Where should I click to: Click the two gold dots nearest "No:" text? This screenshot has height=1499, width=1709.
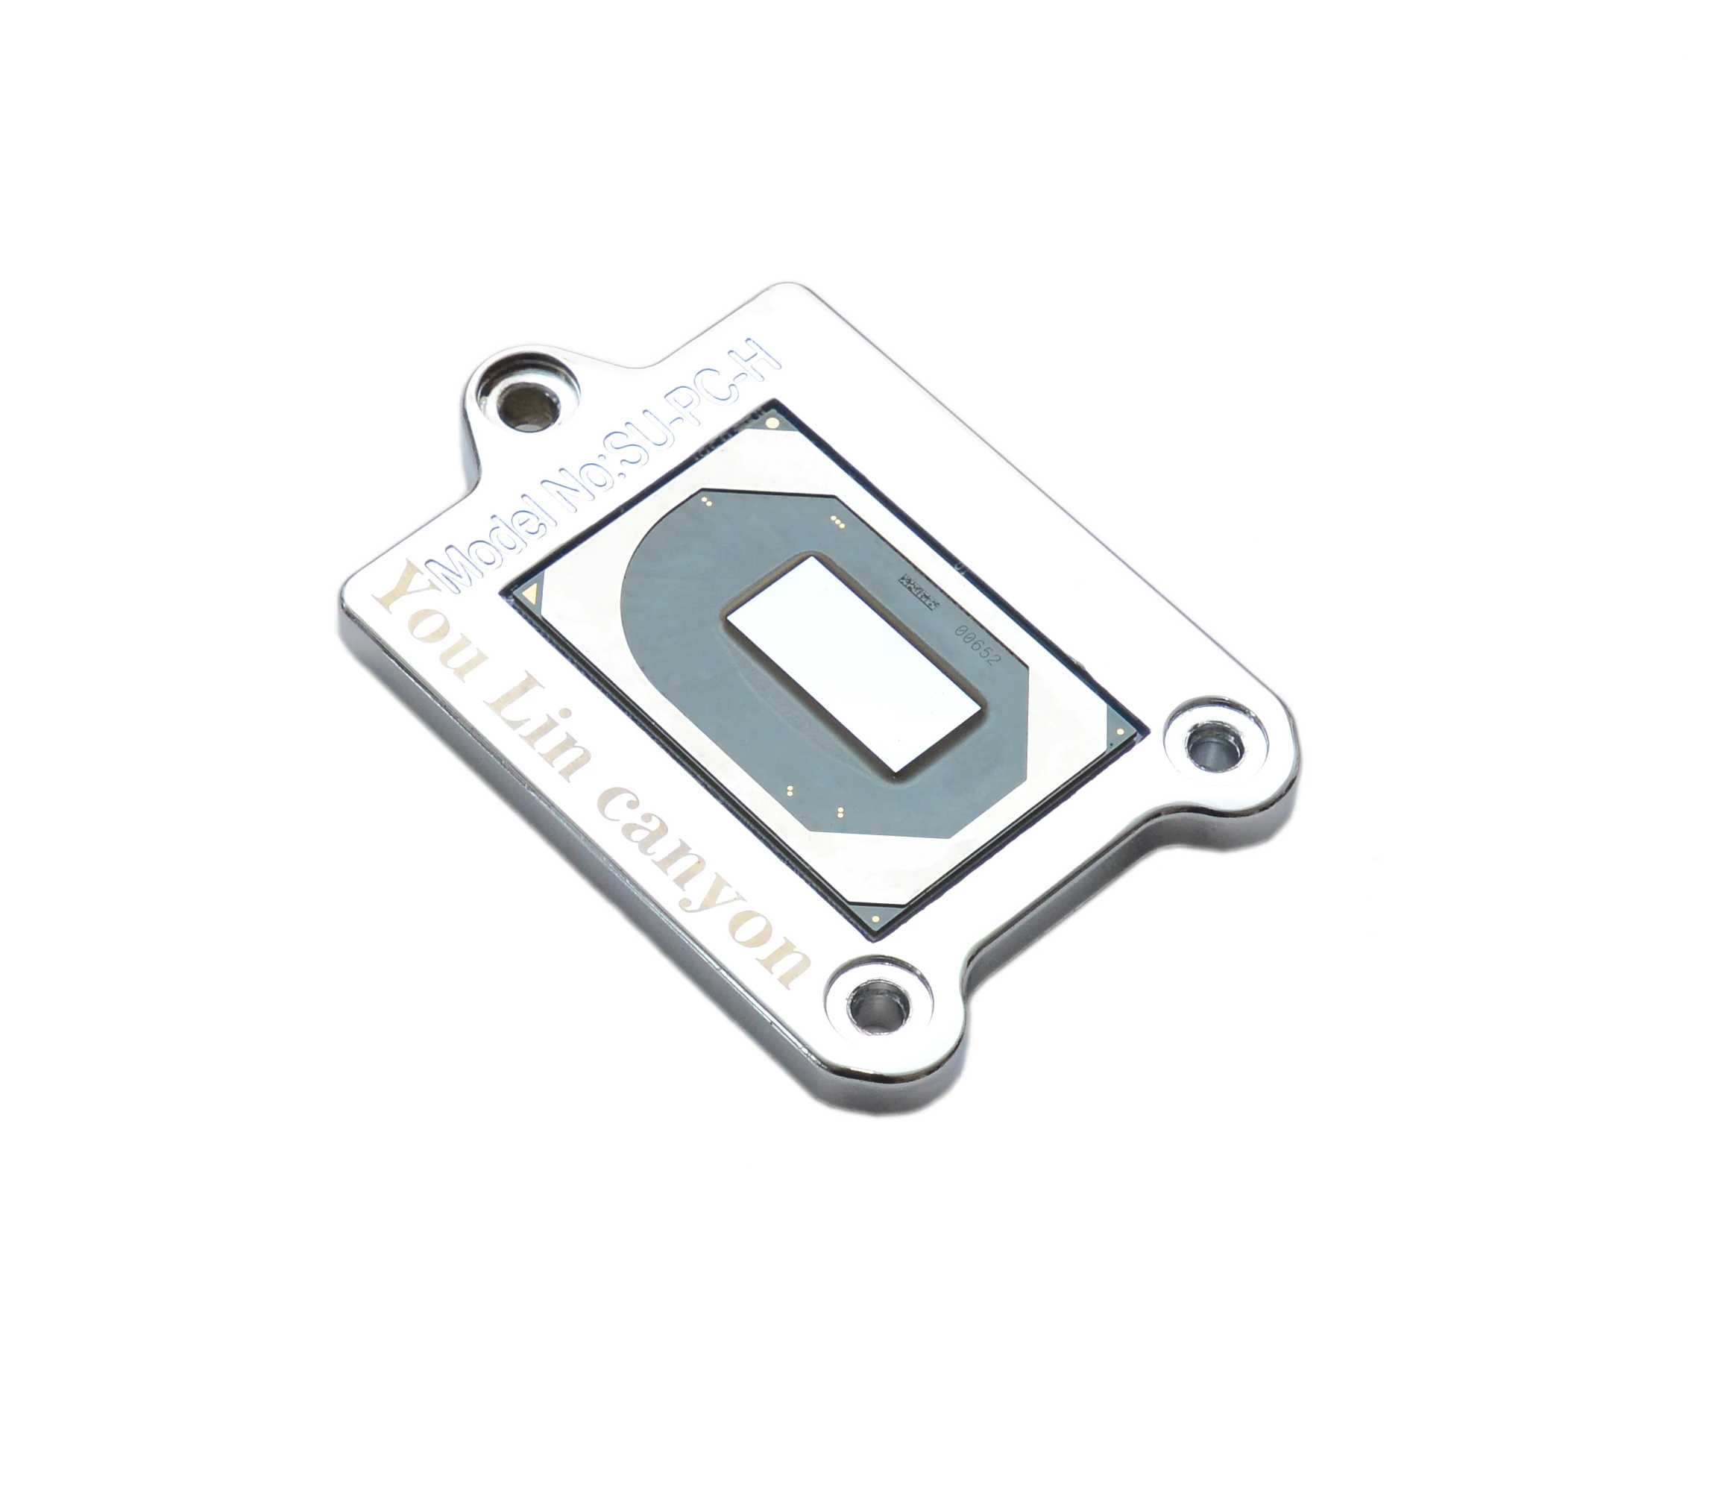[708, 502]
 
